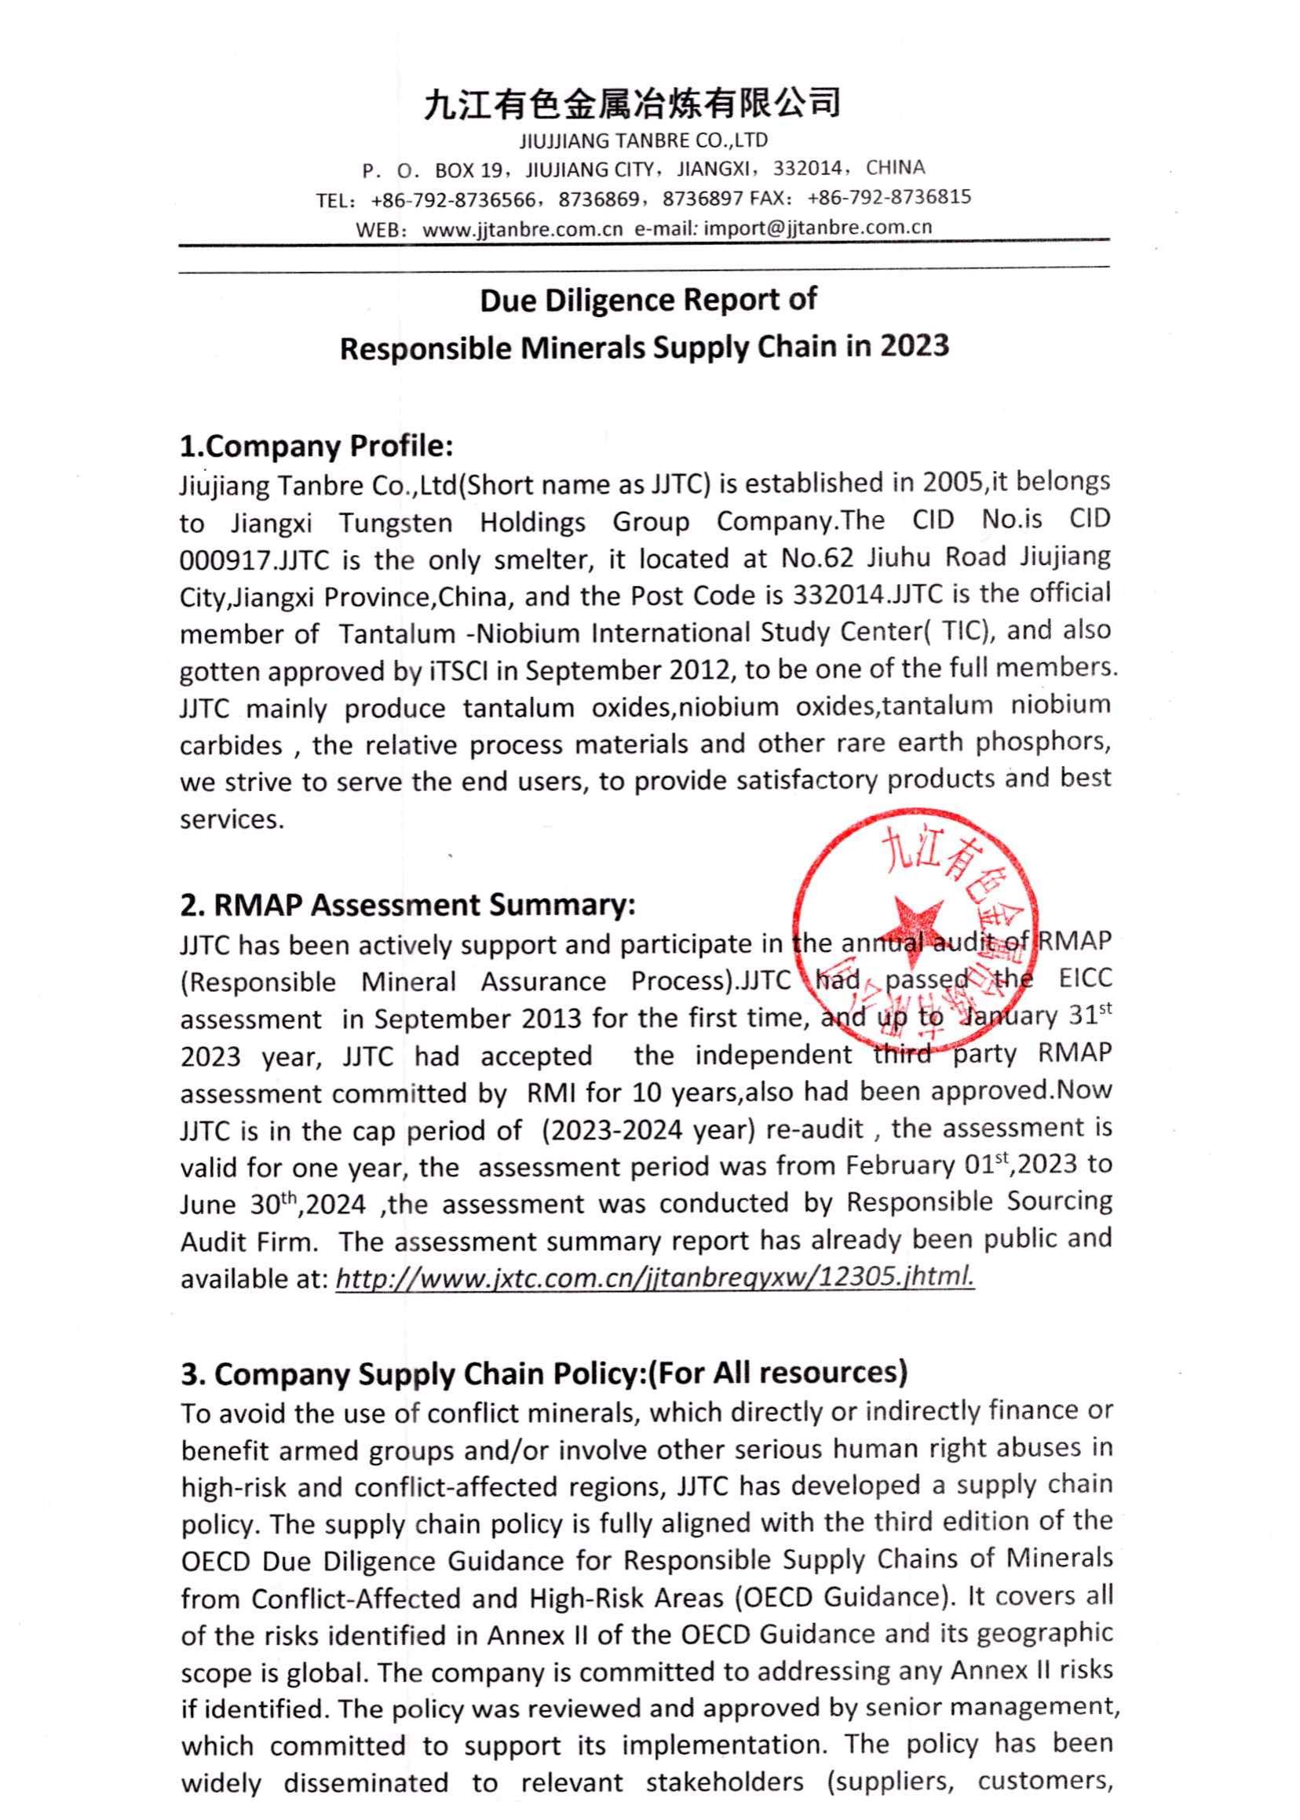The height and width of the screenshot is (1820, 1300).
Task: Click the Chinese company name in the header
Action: tap(633, 104)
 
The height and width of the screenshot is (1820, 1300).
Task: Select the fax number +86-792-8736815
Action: tap(889, 197)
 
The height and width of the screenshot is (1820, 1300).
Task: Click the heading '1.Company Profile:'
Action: tap(317, 446)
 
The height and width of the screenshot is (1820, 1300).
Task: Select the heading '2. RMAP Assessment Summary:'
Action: tap(407, 905)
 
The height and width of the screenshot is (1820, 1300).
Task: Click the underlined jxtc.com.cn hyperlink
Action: tap(655, 1278)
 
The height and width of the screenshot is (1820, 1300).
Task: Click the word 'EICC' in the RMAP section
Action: tap(1086, 980)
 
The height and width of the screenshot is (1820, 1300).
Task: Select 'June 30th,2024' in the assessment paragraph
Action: tap(273, 1205)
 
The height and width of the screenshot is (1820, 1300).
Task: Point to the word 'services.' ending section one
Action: tap(232, 819)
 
